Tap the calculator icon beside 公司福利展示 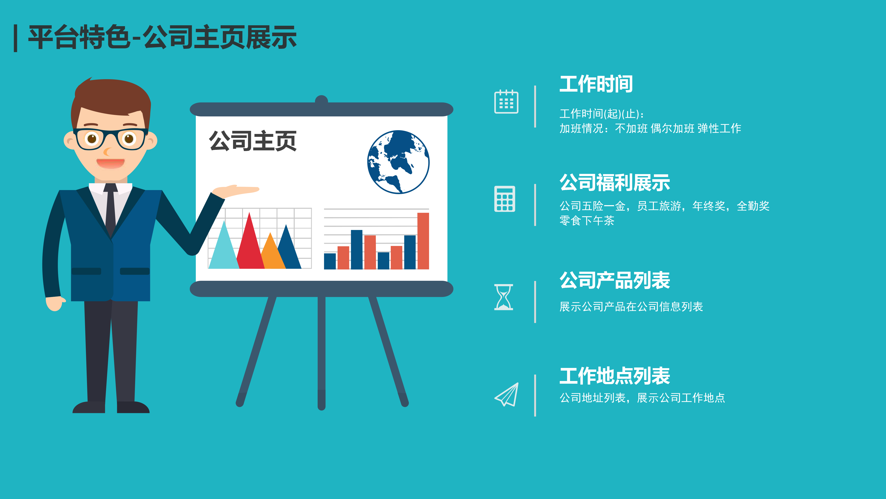coord(505,199)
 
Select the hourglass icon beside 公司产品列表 coord(503,297)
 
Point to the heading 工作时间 coord(596,84)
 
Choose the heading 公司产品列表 coord(615,280)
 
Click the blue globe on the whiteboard coord(398,162)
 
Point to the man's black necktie coord(110,209)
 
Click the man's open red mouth coord(110,163)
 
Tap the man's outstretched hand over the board coord(236,191)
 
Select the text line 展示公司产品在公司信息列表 coord(631,306)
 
